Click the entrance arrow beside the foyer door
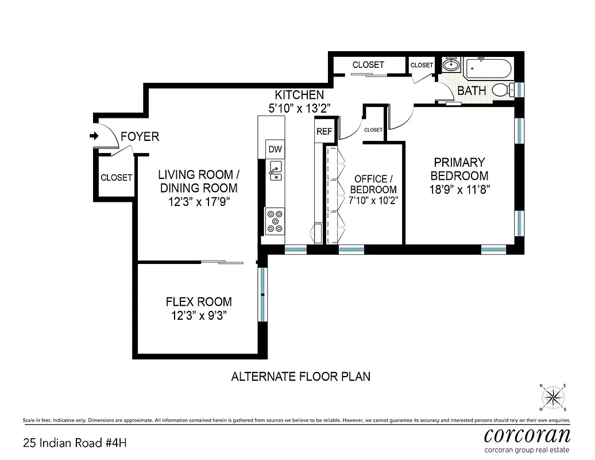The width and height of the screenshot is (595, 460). click(94, 136)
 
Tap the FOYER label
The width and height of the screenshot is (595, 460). click(140, 137)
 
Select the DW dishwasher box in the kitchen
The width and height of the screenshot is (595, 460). click(275, 149)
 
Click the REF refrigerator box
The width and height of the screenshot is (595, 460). click(324, 132)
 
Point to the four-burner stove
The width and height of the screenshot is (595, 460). click(275, 221)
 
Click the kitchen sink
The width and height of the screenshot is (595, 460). click(275, 170)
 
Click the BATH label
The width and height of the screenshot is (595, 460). click(472, 91)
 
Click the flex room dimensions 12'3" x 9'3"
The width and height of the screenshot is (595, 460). click(199, 315)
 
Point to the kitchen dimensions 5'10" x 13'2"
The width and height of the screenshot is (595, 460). click(299, 108)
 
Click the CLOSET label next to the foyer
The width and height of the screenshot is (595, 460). click(117, 178)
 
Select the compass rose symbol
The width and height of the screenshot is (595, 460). click(552, 396)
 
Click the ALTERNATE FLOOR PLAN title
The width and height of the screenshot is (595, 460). click(300, 377)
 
